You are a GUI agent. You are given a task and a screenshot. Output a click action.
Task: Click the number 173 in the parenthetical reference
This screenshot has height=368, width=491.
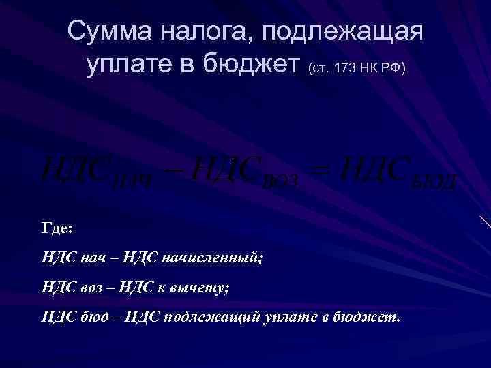click(346, 69)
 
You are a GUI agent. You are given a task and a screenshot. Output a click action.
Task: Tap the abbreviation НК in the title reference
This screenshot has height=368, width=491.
click(374, 69)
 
